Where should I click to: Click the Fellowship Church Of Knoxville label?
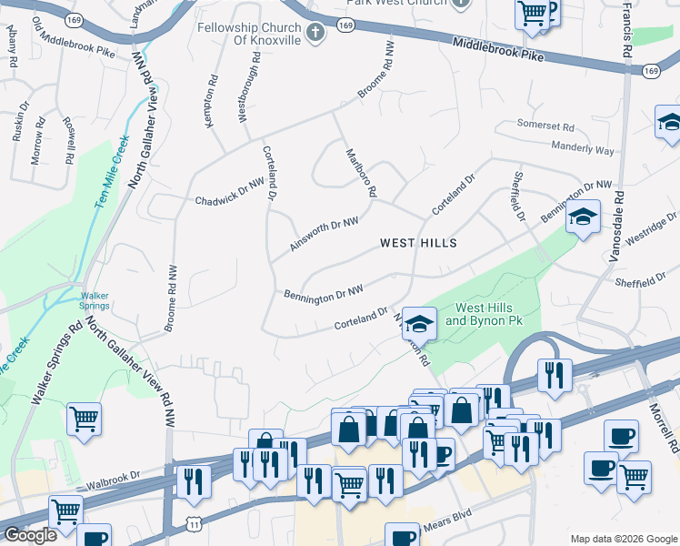click(251, 35)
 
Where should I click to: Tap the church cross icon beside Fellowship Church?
click(315, 35)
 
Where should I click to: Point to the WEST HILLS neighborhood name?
click(417, 243)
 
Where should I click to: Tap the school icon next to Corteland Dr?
click(419, 323)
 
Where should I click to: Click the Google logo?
click(30, 535)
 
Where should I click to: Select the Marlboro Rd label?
click(358, 173)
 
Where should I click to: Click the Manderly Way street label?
click(583, 148)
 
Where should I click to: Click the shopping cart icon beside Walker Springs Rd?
click(84, 420)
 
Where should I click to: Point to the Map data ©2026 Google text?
click(622, 539)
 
